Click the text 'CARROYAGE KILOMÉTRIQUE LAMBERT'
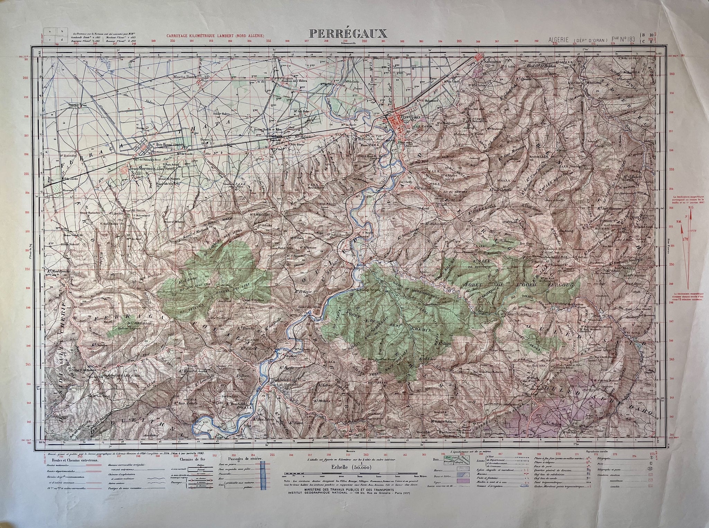coord(215,36)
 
